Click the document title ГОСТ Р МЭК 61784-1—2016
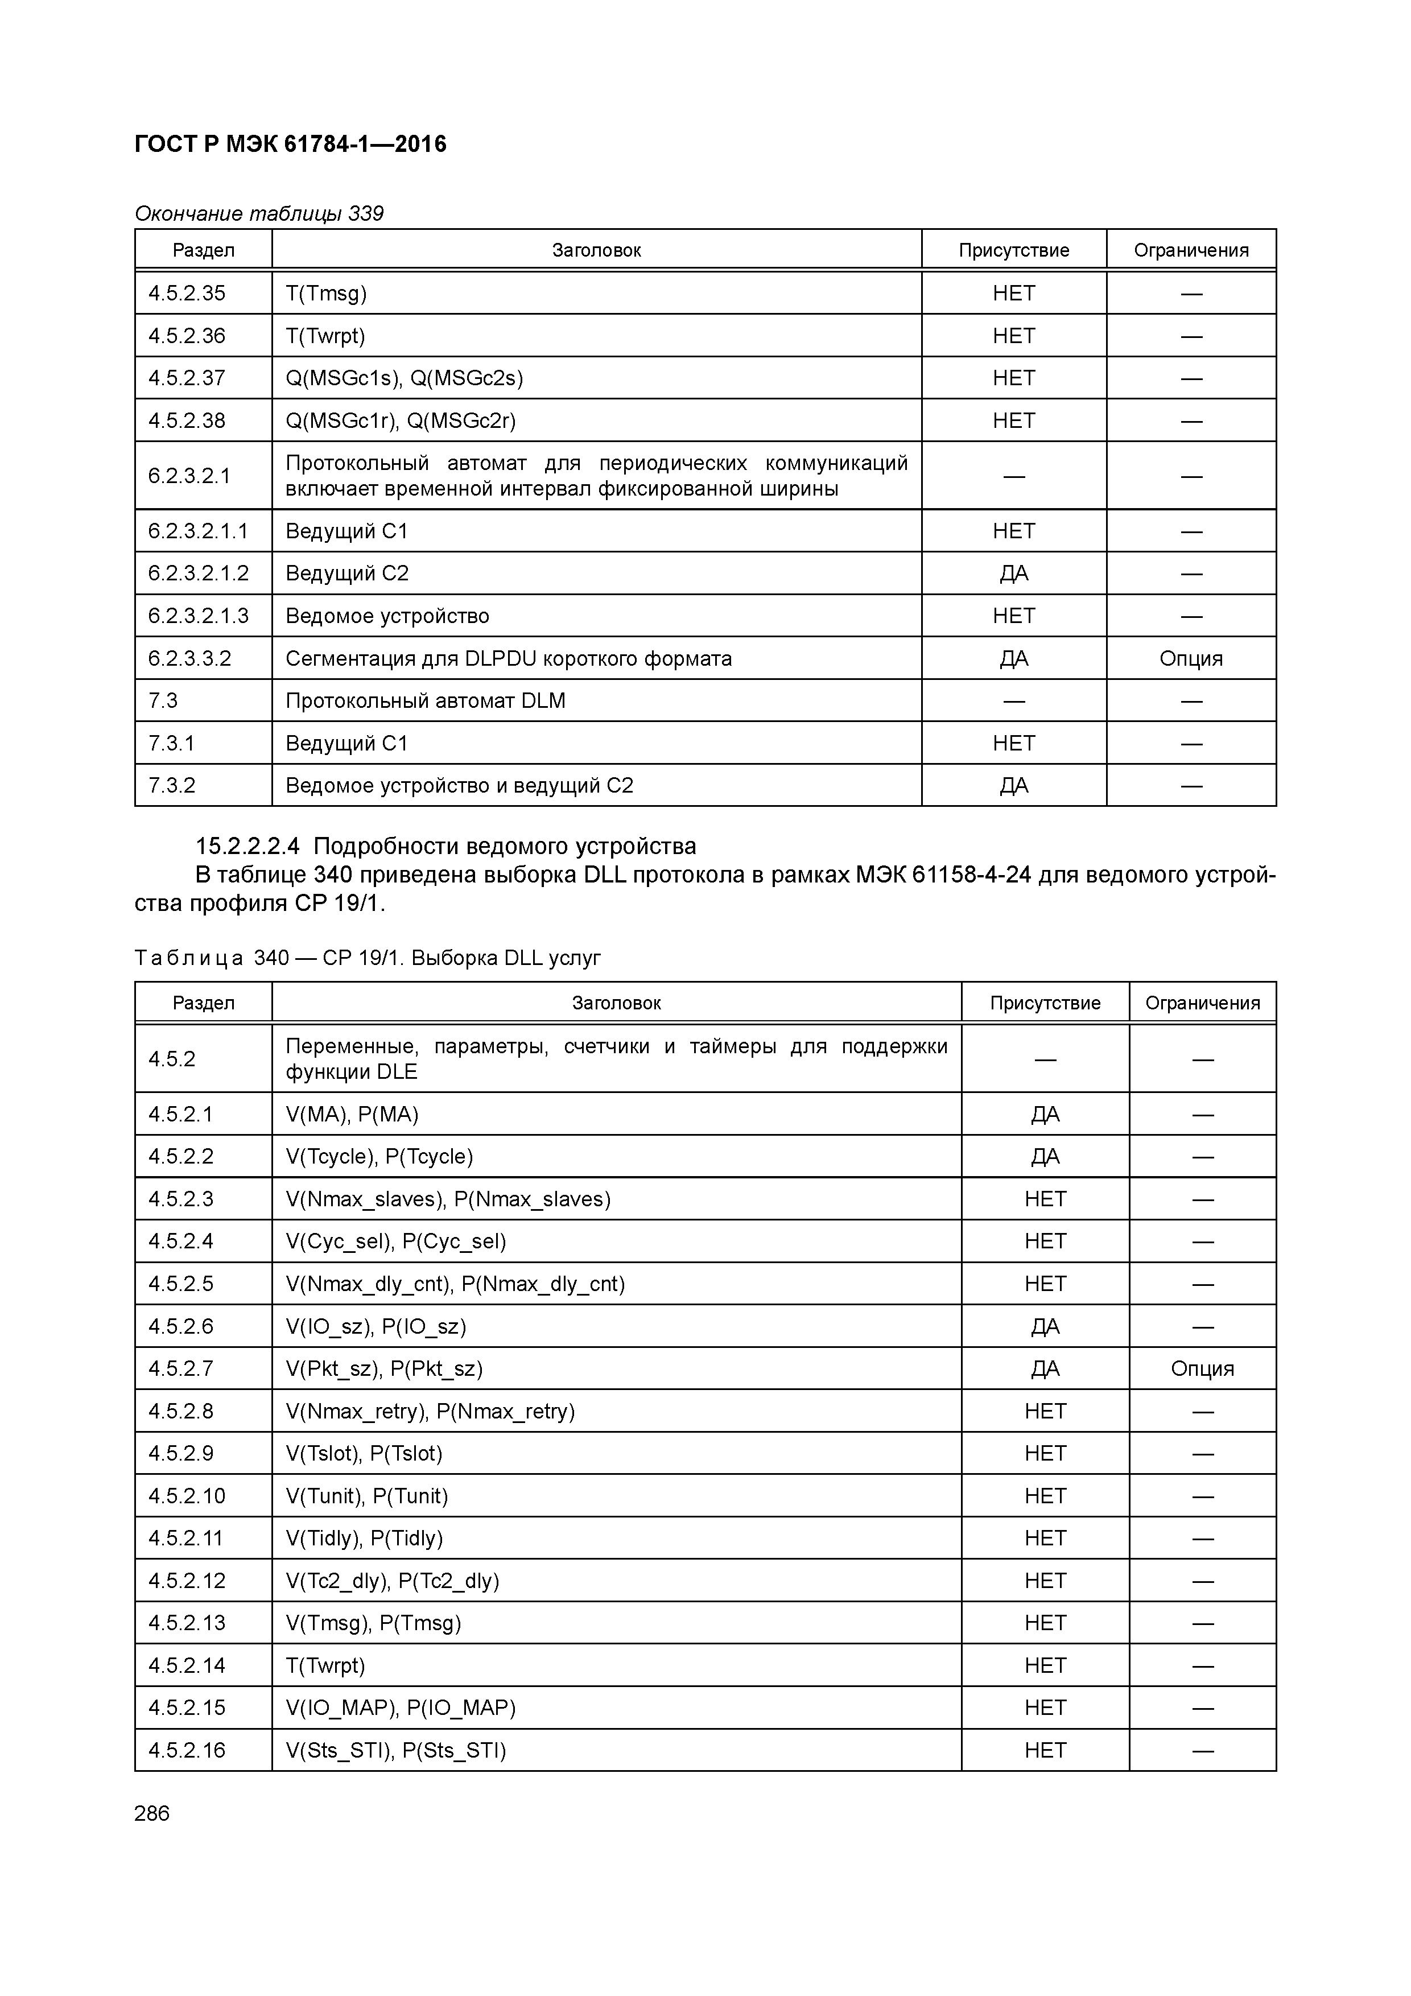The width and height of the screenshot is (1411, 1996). coord(290,145)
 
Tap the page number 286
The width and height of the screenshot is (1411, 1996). coord(152,1813)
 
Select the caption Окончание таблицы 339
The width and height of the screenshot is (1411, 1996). coord(259,214)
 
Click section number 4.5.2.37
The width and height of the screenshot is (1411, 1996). coord(187,378)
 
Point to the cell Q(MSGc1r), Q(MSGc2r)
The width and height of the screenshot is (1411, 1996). coord(401,420)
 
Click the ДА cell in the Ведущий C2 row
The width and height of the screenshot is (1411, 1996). coord(1014,574)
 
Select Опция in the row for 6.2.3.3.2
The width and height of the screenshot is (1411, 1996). coord(1190,659)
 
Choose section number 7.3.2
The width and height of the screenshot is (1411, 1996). coord(172,786)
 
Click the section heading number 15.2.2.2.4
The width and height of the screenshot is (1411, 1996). coord(247,846)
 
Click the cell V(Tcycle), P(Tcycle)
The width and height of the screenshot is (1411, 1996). coord(379,1157)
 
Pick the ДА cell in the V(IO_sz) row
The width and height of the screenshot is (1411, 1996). coord(1045,1327)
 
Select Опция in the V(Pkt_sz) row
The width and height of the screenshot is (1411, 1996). coord(1202,1369)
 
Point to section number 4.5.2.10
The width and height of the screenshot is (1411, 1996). coord(187,1496)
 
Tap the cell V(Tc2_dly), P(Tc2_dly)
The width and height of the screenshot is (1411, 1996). coord(392,1581)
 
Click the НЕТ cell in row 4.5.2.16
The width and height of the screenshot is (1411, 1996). coord(1045,1751)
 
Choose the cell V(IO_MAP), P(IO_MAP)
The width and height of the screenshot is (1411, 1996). coord(401,1708)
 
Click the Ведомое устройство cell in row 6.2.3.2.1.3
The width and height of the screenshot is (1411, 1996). coord(387,616)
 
